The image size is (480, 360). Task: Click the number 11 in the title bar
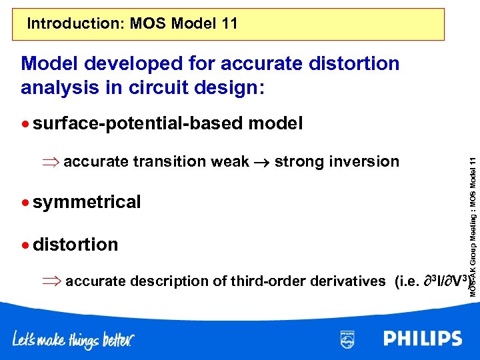[x=227, y=25]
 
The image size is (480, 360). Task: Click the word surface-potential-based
[x=138, y=123]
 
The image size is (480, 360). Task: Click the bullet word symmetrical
[x=87, y=202]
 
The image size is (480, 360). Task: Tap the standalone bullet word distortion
[x=75, y=245]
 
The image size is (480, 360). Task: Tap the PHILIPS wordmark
[x=422, y=339]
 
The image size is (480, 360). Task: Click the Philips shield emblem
[x=347, y=339]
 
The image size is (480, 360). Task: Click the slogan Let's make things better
[x=73, y=340]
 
